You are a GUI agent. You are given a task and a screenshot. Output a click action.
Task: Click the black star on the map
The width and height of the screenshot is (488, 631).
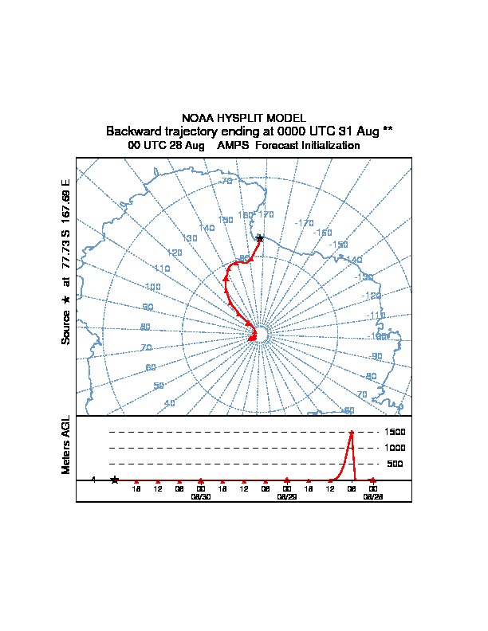(x=259, y=238)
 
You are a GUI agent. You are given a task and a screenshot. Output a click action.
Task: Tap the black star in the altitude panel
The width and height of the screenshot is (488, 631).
(x=115, y=480)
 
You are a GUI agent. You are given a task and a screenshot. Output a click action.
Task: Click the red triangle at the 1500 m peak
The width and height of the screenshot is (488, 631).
(x=351, y=433)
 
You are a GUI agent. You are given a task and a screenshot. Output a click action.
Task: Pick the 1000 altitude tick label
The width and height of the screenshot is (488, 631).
(x=396, y=448)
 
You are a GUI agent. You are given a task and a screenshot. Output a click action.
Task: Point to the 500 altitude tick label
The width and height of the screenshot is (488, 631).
(x=396, y=464)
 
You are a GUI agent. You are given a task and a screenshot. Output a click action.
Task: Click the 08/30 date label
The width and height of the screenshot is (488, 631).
(x=200, y=496)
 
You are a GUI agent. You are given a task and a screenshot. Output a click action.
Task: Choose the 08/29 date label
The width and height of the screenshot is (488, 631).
(x=286, y=496)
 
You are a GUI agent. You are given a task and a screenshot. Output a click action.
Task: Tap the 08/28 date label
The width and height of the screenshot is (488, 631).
(x=372, y=496)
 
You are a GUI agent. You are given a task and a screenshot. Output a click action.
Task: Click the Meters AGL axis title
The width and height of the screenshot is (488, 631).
(x=66, y=445)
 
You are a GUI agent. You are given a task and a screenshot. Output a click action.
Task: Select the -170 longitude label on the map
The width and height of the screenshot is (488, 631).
(x=304, y=223)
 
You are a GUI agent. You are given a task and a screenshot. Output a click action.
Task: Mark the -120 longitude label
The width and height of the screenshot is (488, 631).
(x=372, y=296)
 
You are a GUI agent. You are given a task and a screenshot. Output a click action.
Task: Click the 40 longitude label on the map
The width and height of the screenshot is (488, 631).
(x=170, y=403)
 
